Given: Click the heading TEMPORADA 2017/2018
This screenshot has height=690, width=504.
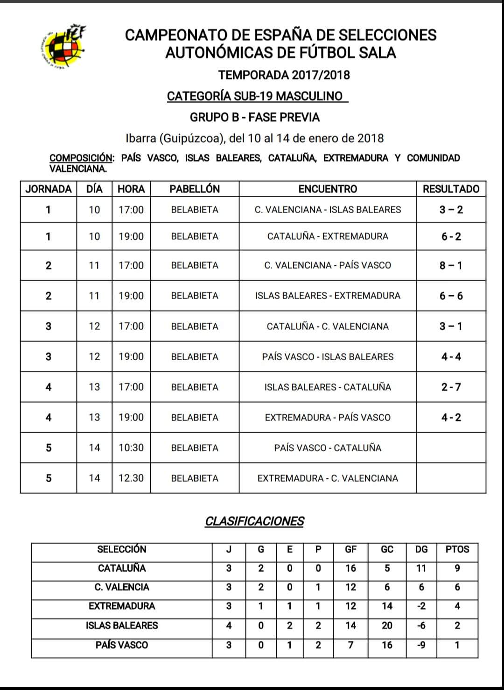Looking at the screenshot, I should point(284,75).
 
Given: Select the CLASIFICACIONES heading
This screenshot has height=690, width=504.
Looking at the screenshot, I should point(254,521).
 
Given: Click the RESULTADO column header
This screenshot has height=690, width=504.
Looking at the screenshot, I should point(451,189).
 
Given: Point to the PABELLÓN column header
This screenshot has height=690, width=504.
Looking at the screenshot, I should point(194,189).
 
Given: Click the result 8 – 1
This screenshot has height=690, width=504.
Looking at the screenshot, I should point(451,265).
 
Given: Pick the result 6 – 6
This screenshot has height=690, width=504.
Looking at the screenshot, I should point(451,296).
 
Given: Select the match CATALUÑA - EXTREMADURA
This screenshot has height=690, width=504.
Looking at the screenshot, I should point(328,236).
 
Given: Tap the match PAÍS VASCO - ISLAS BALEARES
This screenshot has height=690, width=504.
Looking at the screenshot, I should point(328,356).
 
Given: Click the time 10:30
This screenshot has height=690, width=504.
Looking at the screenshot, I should point(131,448).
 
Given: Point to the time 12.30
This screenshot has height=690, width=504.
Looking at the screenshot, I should point(131,478).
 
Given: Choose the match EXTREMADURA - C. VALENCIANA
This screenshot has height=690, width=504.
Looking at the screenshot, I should point(328,478).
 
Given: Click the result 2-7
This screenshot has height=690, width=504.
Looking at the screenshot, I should point(451,387).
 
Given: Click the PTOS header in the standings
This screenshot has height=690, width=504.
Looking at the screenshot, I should point(457,549).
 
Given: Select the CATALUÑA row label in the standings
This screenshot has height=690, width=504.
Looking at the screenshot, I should point(122,568).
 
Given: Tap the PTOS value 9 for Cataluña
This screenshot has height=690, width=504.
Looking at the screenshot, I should point(457,568).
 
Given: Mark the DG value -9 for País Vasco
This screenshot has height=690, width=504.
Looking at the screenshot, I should point(421,645).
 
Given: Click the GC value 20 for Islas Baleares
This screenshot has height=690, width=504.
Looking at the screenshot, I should point(387,626).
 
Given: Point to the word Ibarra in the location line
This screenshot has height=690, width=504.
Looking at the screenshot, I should point(141,138).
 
